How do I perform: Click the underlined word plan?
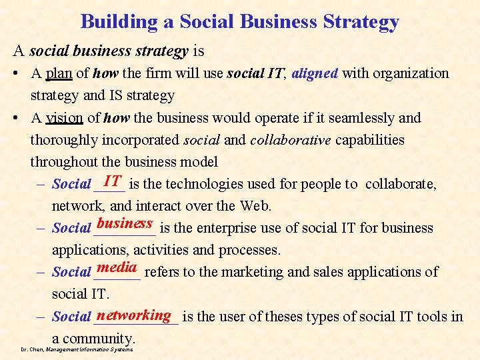(59, 73)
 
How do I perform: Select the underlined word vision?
(65, 118)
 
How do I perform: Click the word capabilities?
(371, 140)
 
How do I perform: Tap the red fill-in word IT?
(112, 180)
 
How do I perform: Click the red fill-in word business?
(125, 223)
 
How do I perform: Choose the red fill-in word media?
(116, 268)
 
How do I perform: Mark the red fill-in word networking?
(134, 315)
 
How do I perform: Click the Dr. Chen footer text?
(77, 349)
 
